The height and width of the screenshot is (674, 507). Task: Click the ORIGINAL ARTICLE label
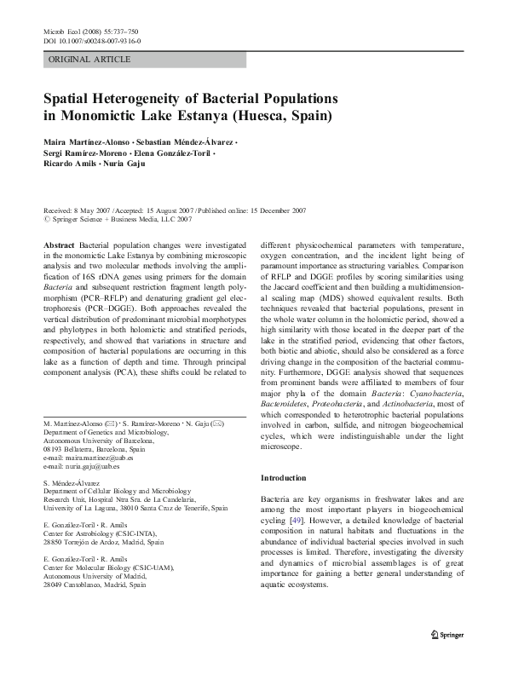[x=89, y=59]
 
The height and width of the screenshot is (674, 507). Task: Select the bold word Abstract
[x=59, y=244]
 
